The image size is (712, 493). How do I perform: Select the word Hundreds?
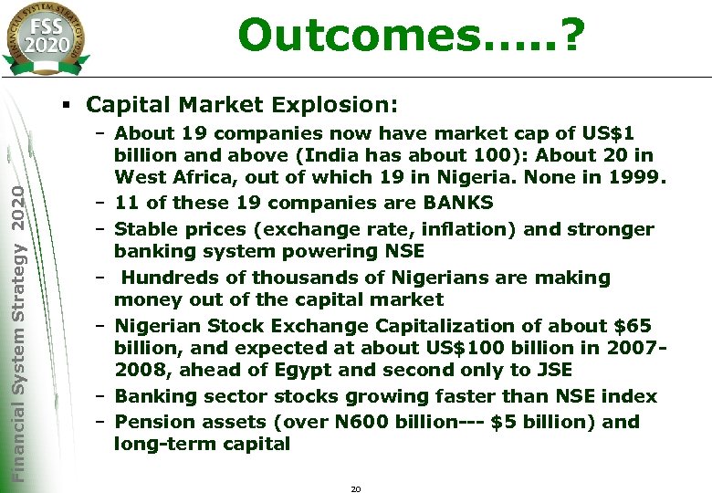click(168, 278)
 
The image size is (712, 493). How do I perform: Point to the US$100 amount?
click(464, 348)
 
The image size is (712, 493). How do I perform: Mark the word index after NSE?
click(629, 396)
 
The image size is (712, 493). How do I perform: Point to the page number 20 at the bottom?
click(356, 489)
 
